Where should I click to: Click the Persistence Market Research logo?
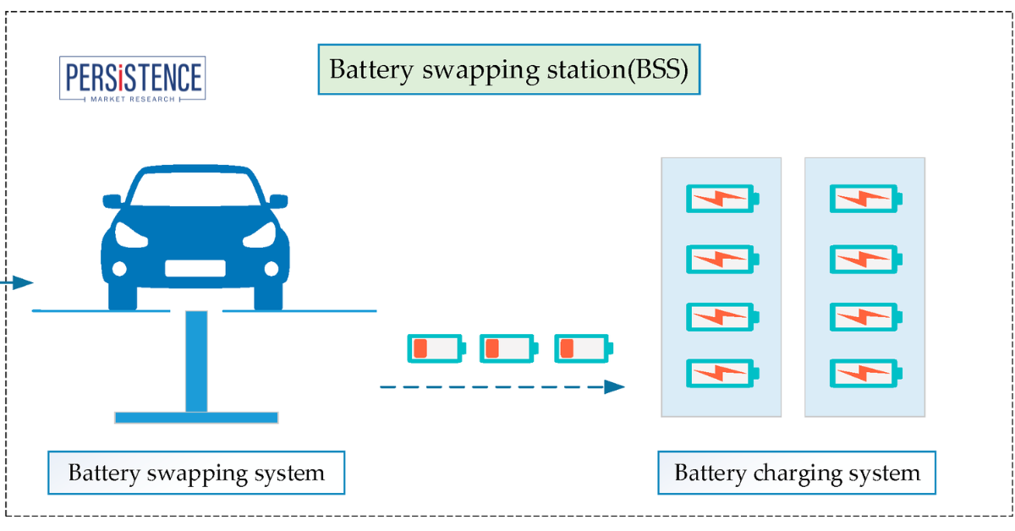click(x=133, y=79)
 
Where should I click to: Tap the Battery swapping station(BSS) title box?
click(x=508, y=69)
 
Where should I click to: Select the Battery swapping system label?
click(x=196, y=473)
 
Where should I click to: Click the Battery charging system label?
click(x=797, y=473)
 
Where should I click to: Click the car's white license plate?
click(x=195, y=269)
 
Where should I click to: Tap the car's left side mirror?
click(x=112, y=201)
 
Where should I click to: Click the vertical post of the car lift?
click(x=196, y=362)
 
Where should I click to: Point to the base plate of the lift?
click(x=196, y=417)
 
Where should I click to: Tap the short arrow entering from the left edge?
click(x=17, y=282)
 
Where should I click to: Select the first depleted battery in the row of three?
click(x=436, y=348)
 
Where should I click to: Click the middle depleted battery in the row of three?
click(x=508, y=348)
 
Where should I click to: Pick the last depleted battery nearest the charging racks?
click(x=583, y=348)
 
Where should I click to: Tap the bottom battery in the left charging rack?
click(x=721, y=373)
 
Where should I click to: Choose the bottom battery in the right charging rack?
click(x=865, y=373)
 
